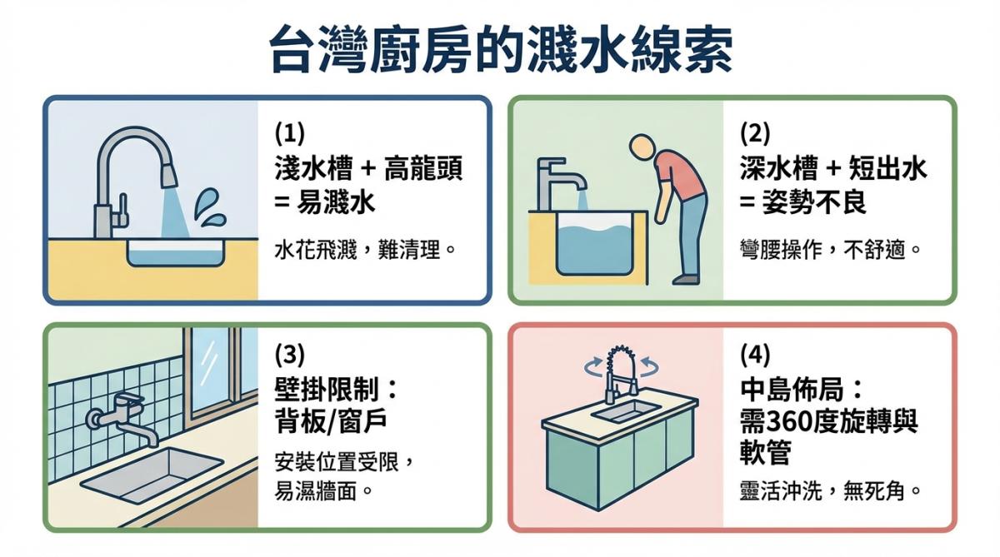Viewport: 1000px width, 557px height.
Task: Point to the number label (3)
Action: [x=290, y=355]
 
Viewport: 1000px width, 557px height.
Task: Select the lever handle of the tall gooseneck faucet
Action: [x=122, y=205]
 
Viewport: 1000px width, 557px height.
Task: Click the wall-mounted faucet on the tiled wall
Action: [x=125, y=416]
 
